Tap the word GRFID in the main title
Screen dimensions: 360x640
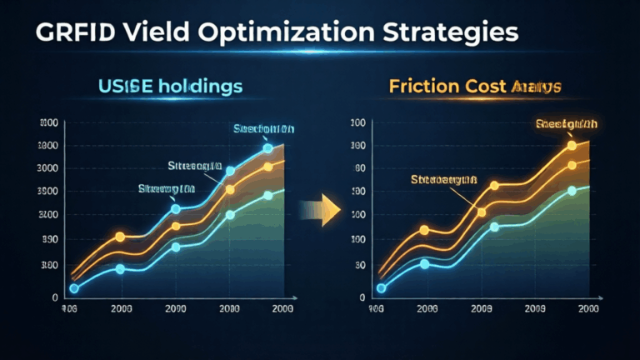click(x=60, y=33)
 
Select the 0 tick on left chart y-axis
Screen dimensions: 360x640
click(x=55, y=297)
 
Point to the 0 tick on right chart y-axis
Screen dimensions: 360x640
click(x=361, y=297)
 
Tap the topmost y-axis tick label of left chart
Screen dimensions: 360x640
click(x=49, y=123)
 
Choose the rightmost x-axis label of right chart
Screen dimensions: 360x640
click(x=587, y=308)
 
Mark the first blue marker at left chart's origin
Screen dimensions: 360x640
click(x=74, y=288)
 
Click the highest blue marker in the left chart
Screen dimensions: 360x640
click(x=267, y=148)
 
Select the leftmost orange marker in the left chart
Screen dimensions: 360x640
click(x=120, y=237)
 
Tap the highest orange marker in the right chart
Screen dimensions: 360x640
click(x=572, y=146)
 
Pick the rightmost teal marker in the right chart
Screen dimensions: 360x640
click(x=572, y=191)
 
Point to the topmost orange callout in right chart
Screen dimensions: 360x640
click(x=567, y=125)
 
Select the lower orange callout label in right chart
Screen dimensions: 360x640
click(x=443, y=178)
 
